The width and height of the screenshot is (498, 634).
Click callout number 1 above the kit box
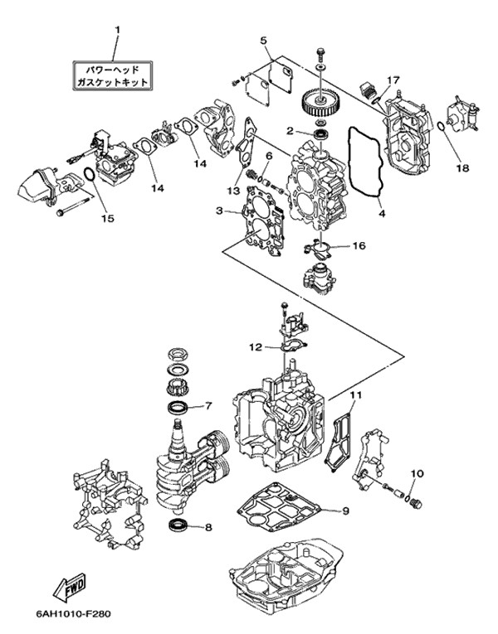(x=117, y=31)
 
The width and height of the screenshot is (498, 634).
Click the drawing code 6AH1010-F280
(x=73, y=614)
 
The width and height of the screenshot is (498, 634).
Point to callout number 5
(x=264, y=40)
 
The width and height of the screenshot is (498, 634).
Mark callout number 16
(x=359, y=245)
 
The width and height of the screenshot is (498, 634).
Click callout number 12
(x=257, y=346)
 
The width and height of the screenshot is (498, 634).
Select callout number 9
(x=346, y=510)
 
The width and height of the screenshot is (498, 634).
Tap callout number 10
(x=417, y=474)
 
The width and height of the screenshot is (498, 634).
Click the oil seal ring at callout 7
(x=178, y=406)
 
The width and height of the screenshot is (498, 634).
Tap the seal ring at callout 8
(x=178, y=524)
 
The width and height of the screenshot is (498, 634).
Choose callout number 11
(x=355, y=396)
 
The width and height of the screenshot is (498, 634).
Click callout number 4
(x=382, y=213)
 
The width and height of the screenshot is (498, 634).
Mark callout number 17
(x=393, y=80)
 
